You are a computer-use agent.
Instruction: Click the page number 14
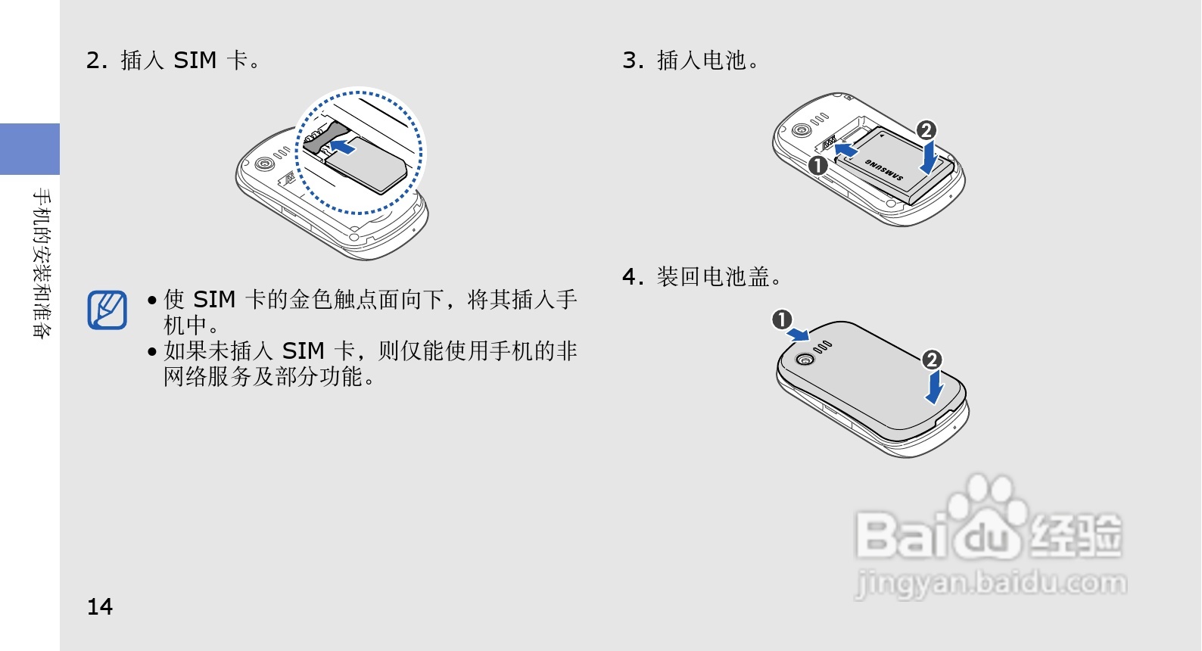click(100, 606)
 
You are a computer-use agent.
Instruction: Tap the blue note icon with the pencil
click(107, 310)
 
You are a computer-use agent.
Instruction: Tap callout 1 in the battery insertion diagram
click(817, 165)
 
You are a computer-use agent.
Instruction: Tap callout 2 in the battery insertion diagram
click(926, 130)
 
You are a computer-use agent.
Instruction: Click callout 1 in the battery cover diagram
click(782, 319)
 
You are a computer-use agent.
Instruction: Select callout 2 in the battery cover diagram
click(932, 360)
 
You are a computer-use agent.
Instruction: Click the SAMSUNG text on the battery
click(883, 169)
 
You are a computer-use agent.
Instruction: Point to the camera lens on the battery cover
click(805, 359)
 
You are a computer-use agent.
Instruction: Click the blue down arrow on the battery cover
click(934, 387)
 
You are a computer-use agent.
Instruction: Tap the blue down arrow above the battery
click(929, 157)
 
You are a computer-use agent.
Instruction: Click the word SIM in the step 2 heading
click(195, 60)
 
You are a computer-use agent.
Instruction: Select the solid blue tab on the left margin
click(30, 148)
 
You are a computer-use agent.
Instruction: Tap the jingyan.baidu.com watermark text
click(991, 583)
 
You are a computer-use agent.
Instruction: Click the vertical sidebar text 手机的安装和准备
click(42, 263)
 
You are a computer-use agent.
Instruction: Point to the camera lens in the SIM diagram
click(264, 163)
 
